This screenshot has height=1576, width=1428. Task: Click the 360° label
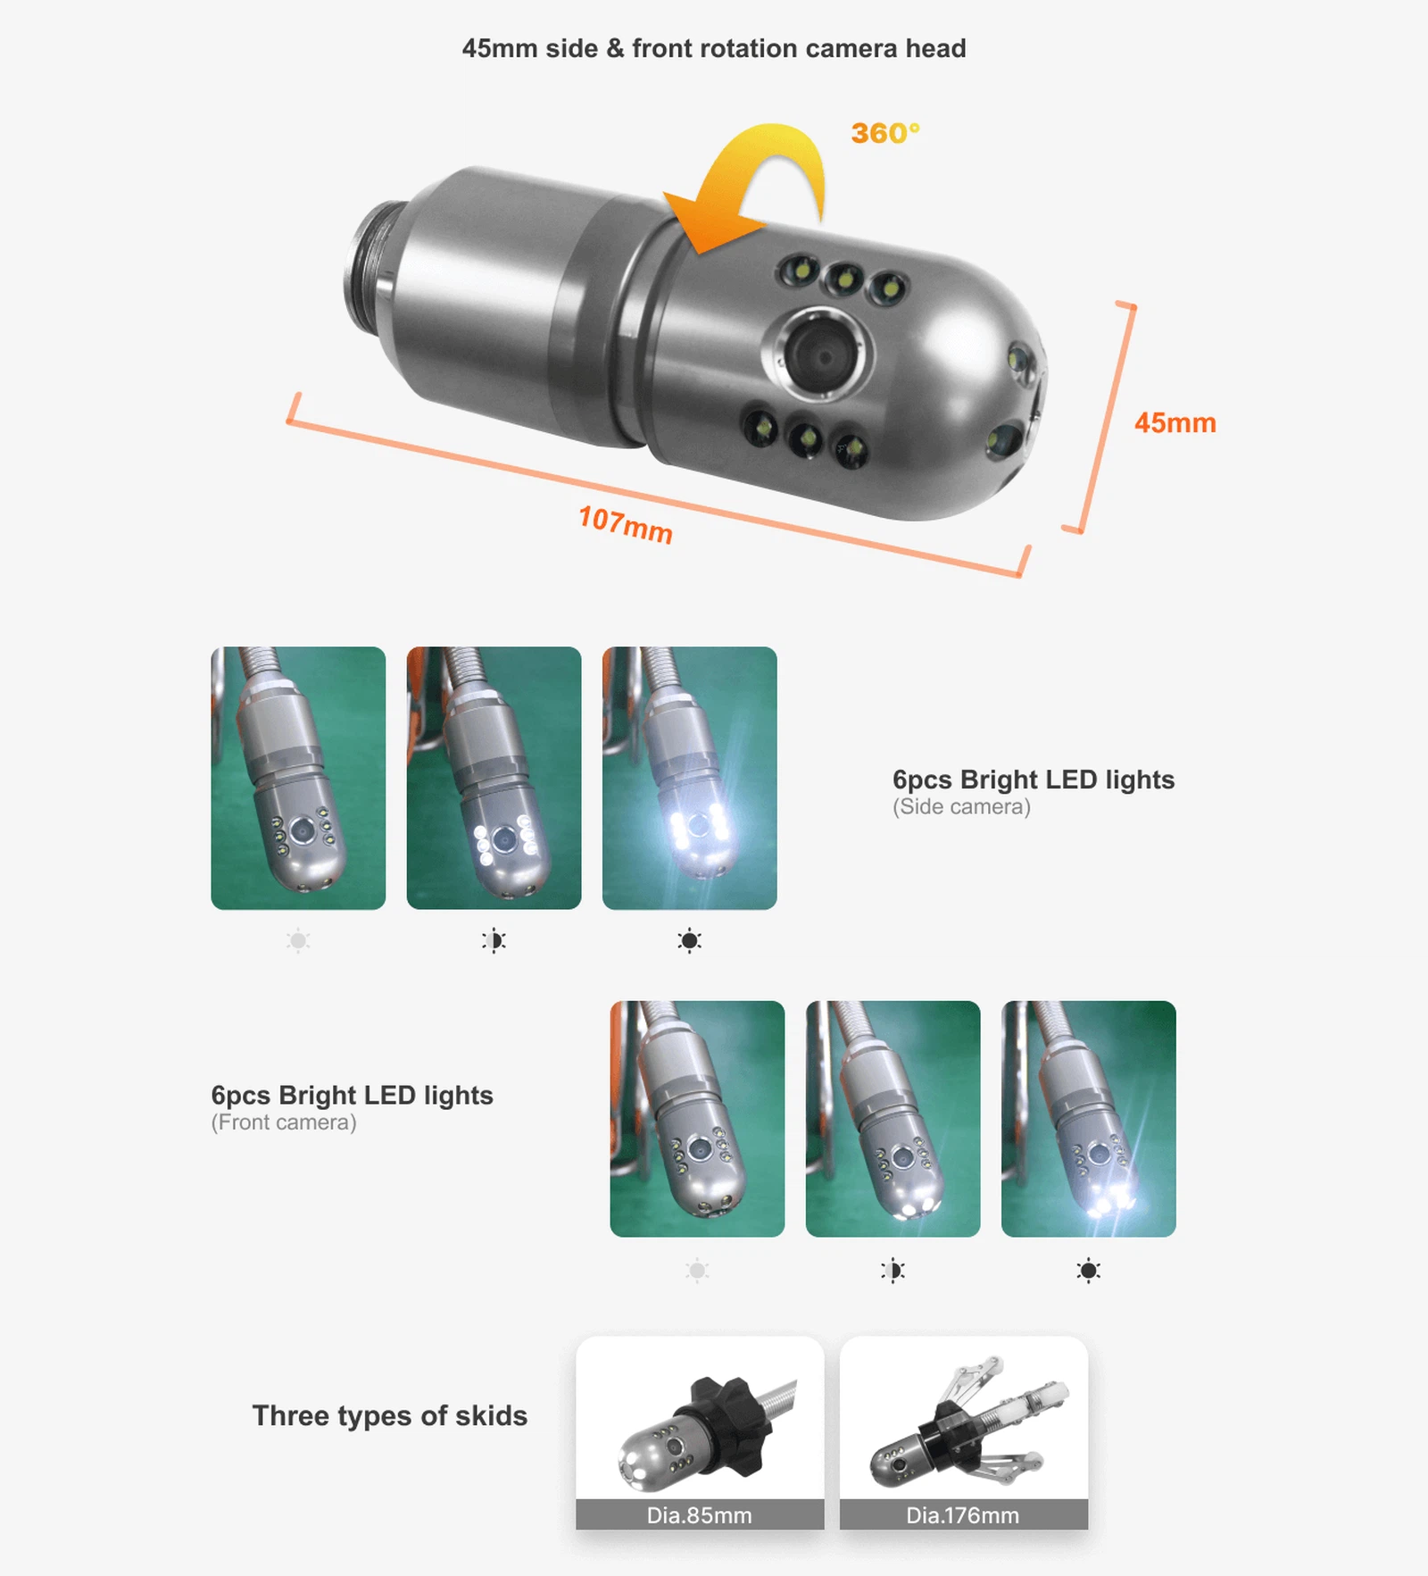[884, 133]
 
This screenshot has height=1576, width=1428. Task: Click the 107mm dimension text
[625, 524]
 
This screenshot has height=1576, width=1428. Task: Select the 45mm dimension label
[1175, 422]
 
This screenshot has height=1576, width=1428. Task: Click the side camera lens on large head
[818, 354]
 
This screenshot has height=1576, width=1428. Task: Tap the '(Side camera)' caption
[961, 807]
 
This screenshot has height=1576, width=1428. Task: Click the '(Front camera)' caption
[284, 1122]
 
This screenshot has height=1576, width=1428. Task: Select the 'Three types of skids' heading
[389, 1415]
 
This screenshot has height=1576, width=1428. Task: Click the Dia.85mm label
[699, 1515]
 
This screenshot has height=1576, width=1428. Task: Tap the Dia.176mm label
[962, 1515]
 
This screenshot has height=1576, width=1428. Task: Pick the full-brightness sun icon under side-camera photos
[689, 940]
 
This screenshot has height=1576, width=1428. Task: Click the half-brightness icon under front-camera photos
[892, 1270]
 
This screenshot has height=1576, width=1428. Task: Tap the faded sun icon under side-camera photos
[298, 940]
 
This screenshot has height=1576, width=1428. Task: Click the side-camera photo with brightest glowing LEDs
[689, 778]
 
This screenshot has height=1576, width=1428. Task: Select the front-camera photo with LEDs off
[697, 1118]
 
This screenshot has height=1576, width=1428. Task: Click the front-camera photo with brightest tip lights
[1088, 1118]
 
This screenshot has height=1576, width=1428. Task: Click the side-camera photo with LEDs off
[298, 778]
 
